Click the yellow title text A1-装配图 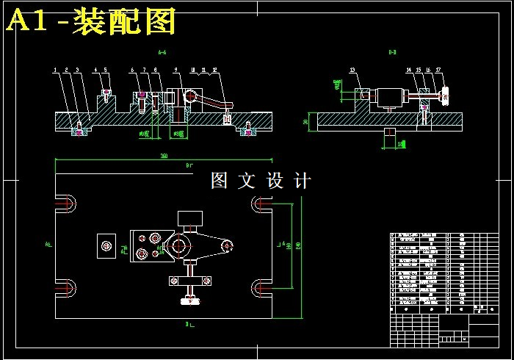91,23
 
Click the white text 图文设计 261,181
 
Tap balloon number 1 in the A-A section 55,71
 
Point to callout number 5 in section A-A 105,71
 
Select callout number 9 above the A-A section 176,71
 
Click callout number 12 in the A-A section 214,71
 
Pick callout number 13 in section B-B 352,71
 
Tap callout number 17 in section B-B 438,71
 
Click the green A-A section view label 162,53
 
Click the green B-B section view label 393,53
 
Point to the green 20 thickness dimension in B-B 305,122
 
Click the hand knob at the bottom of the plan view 190,300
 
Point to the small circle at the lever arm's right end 228,244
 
